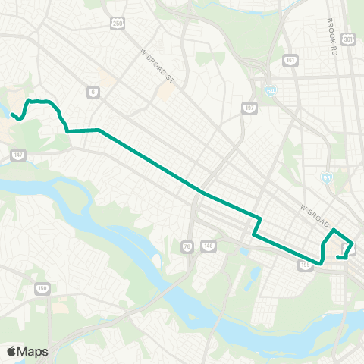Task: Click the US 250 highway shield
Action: pyautogui.click(x=118, y=24)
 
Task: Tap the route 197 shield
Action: pyautogui.click(x=248, y=108)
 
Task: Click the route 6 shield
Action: pyautogui.click(x=93, y=93)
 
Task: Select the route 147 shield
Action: pyautogui.click(x=17, y=155)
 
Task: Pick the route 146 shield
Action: pyautogui.click(x=208, y=245)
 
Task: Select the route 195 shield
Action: pyautogui.click(x=306, y=266)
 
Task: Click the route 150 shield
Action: pyautogui.click(x=43, y=288)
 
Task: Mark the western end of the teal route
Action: pyautogui.click(x=11, y=115)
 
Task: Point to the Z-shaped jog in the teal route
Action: pyautogui.click(x=258, y=226)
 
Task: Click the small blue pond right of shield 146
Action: pyautogui.click(x=243, y=251)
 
